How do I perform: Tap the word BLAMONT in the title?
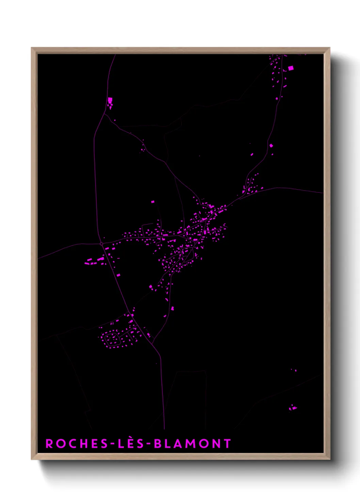click(x=192, y=443)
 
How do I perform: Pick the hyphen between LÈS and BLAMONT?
click(x=149, y=444)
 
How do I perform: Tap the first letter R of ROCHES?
click(x=49, y=443)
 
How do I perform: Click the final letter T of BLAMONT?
click(x=227, y=443)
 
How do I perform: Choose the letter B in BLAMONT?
click(x=158, y=443)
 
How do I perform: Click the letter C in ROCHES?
click(x=71, y=443)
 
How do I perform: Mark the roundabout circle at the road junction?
click(x=101, y=244)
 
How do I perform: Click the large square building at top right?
click(x=291, y=68)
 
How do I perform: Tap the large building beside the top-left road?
click(x=110, y=100)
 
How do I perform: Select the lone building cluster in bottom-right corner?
click(x=292, y=408)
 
